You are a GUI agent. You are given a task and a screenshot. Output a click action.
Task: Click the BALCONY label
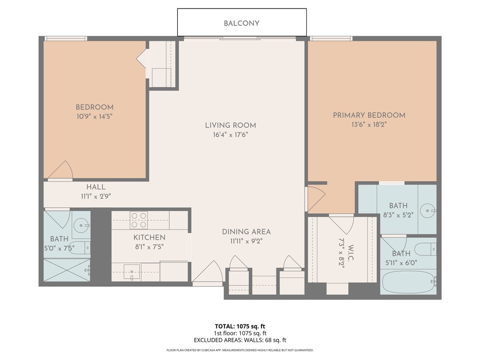[x=242, y=23]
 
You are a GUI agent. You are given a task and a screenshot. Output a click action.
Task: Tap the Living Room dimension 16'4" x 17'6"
[x=230, y=135]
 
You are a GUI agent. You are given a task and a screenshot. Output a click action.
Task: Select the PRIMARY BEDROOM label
[x=369, y=115]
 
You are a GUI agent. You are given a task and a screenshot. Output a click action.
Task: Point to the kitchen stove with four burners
[x=138, y=220]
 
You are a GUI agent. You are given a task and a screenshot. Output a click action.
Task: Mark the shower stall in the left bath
[x=67, y=270]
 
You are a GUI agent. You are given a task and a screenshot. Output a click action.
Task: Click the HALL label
[x=96, y=187]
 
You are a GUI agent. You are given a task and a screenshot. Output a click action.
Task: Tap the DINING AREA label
[x=246, y=232]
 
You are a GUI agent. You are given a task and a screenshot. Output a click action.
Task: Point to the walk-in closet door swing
[x=342, y=224]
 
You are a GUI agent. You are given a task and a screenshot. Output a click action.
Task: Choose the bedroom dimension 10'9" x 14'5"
[x=94, y=116]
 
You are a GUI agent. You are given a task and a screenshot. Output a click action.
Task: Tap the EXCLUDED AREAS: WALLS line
[x=240, y=340]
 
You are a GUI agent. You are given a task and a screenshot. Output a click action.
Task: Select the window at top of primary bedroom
[x=331, y=38]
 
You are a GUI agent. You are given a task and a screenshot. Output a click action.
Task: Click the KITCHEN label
[x=149, y=238]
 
